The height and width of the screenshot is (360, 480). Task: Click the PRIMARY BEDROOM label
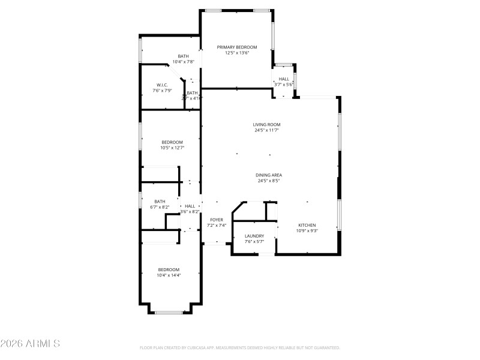(x=237, y=47)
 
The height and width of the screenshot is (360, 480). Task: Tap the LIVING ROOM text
(x=267, y=124)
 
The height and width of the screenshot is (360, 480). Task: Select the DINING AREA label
(x=269, y=175)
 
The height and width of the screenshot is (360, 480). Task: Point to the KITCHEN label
(x=307, y=225)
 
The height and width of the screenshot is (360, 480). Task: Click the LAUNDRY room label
(x=254, y=236)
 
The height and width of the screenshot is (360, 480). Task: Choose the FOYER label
(x=217, y=220)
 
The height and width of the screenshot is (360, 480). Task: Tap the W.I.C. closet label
(x=161, y=85)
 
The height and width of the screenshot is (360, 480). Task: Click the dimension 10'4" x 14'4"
(x=169, y=275)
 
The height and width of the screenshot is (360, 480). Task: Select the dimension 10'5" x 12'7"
(x=172, y=148)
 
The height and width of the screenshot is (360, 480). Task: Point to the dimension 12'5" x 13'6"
(x=237, y=53)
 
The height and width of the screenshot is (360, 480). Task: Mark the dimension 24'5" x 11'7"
(x=267, y=130)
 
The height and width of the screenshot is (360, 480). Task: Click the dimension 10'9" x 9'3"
(x=307, y=230)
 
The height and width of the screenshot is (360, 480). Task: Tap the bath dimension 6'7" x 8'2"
(x=160, y=207)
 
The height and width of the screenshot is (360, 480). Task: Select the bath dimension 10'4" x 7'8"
(x=183, y=62)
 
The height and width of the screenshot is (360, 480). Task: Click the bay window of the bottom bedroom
(x=169, y=312)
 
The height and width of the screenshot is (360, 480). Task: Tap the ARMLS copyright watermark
(x=30, y=344)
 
